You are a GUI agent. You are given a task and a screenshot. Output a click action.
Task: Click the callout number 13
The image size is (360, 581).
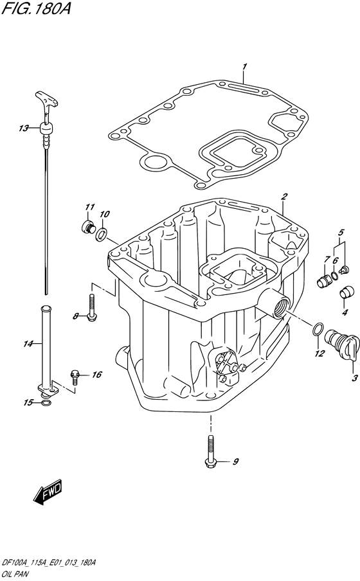click(24, 128)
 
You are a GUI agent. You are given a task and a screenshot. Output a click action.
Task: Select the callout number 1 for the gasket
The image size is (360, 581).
click(244, 67)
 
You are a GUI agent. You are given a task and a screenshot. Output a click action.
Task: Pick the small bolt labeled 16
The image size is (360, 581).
click(75, 377)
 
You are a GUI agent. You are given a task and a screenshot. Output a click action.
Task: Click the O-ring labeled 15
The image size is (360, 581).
click(45, 403)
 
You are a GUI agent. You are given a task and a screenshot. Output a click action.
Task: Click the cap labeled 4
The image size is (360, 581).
click(346, 292)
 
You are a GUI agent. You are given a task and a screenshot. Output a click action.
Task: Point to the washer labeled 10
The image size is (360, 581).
click(101, 235)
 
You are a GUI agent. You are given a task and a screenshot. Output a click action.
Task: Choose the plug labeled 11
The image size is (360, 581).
click(87, 227)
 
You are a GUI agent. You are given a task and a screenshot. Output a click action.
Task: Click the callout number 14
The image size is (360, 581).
click(28, 344)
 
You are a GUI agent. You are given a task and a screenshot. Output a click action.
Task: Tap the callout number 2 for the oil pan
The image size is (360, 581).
click(284, 197)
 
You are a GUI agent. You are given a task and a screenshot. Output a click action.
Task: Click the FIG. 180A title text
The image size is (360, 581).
click(35, 8)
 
